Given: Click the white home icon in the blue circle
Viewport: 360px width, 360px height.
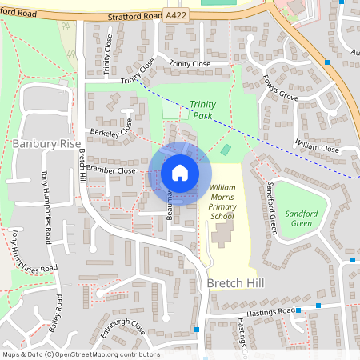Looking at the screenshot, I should click(x=180, y=172).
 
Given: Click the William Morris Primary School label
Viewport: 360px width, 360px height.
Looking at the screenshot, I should click(x=222, y=201).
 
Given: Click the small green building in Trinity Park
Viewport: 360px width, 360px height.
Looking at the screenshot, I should click(x=226, y=150).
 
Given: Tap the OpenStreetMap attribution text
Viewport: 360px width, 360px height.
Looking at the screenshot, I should click(x=80, y=354).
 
